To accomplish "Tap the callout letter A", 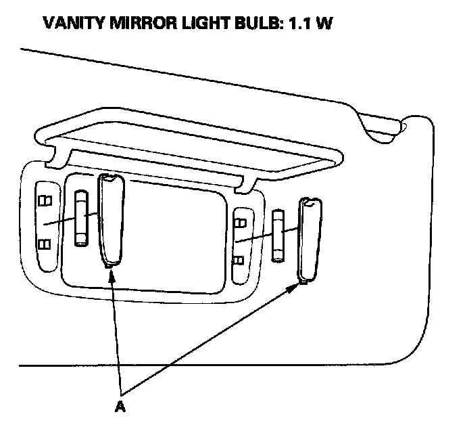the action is tap(120, 406).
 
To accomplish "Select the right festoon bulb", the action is tap(278, 235).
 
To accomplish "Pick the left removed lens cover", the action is tap(110, 220).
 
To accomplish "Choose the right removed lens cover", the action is tap(310, 240).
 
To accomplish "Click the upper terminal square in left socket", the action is tap(45, 200).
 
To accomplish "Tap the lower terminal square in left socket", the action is tap(45, 244).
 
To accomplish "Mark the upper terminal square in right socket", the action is tap(239, 220).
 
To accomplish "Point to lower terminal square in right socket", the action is tap(239, 259).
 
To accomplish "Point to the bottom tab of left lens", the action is tap(109, 266).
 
